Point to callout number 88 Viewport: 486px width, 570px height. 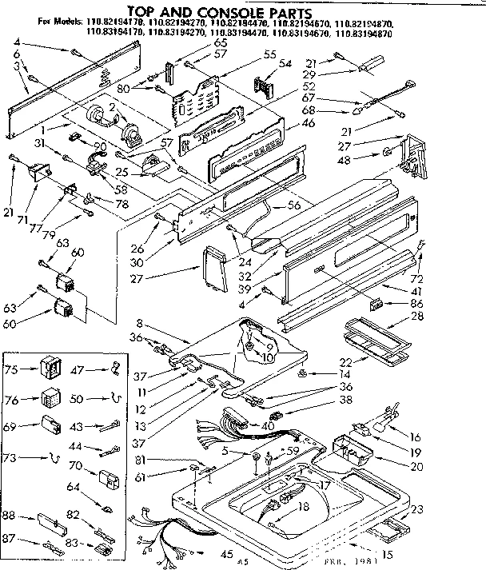[x=10, y=514]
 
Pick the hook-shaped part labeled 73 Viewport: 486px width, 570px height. [x=53, y=458]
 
